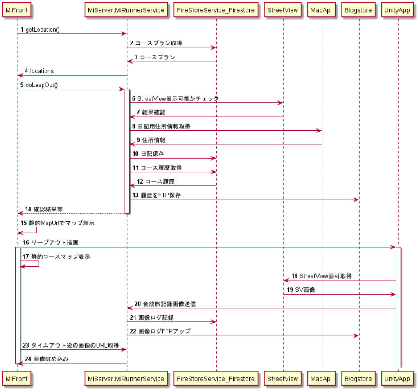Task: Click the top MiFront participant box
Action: click(17, 10)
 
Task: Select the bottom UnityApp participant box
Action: click(397, 379)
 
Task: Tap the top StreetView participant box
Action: click(283, 10)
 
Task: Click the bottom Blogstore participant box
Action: click(359, 379)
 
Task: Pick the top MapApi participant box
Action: click(322, 10)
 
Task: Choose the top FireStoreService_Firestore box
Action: click(216, 10)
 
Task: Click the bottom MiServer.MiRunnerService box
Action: click(126, 379)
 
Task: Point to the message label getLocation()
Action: click(42, 30)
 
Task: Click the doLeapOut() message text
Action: click(41, 85)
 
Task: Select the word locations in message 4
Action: click(42, 71)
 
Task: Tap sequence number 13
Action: click(135, 195)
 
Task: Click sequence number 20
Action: click(137, 304)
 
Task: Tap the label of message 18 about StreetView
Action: click(325, 276)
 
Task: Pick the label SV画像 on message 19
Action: click(305, 290)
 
